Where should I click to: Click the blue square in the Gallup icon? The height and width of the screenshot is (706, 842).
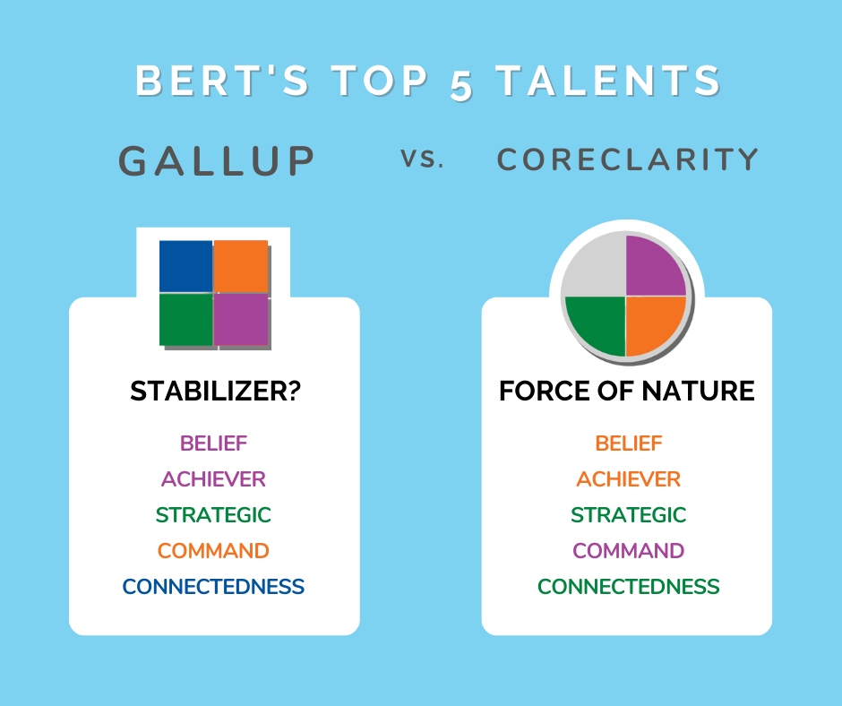point(185,266)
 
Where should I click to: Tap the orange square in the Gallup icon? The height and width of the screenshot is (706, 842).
point(241,266)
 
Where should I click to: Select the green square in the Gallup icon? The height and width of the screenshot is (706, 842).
point(185,319)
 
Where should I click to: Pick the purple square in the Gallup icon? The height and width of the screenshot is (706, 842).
point(241,319)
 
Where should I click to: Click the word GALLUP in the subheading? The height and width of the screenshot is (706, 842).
point(217,160)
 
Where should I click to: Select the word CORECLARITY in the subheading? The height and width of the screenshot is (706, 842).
point(627,159)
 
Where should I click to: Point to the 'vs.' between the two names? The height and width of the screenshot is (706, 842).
point(422,159)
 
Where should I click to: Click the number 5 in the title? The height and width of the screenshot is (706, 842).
point(461,85)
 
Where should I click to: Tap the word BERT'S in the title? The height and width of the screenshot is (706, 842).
point(222,81)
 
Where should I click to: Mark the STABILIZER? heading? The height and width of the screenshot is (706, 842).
point(215,391)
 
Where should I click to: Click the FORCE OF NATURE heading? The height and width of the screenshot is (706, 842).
point(627,391)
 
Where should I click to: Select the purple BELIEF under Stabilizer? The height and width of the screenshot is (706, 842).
point(214,443)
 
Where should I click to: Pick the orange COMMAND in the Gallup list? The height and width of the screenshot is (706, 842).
point(213,551)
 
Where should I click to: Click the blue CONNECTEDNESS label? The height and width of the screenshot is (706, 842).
point(213,587)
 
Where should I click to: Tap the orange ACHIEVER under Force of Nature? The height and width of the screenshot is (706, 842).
point(628,479)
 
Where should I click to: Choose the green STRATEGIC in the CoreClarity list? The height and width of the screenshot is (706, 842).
point(628,515)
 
